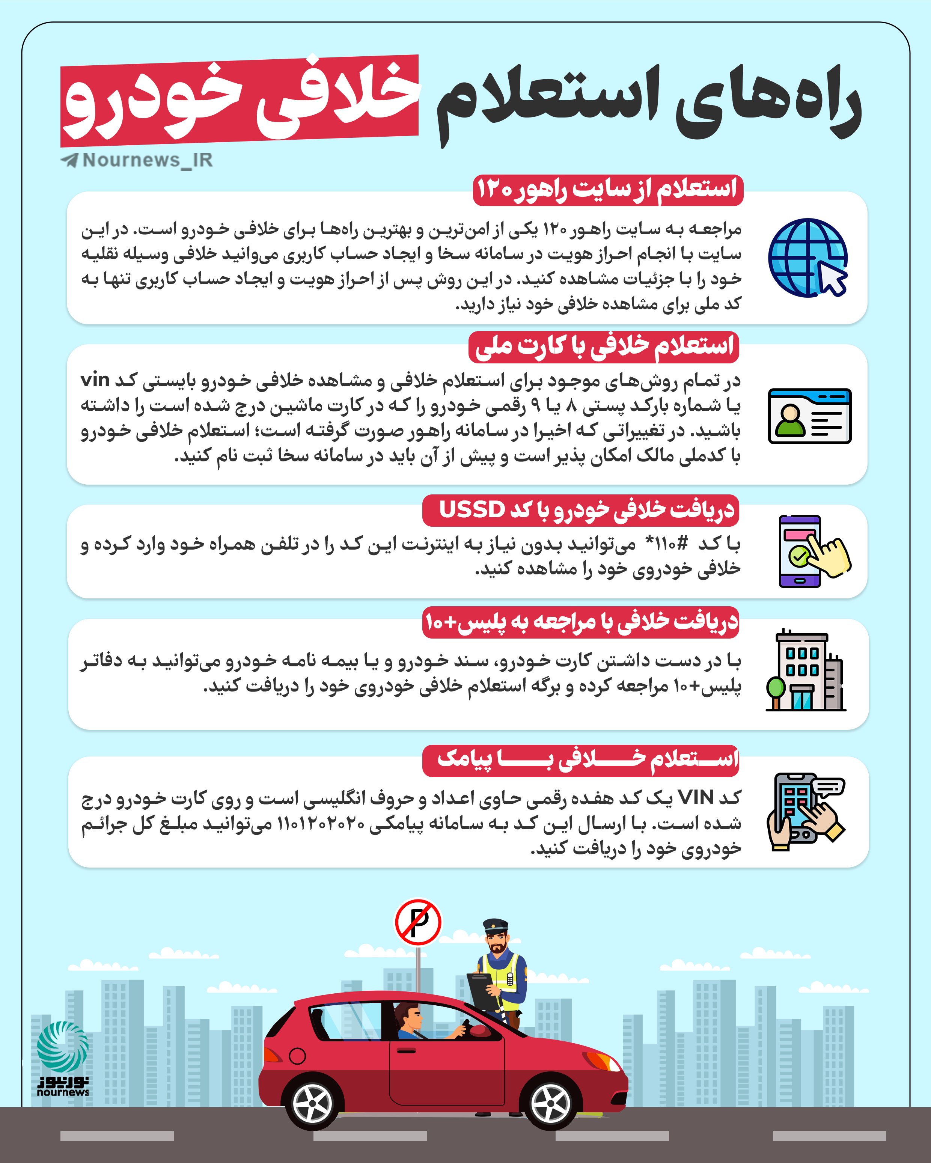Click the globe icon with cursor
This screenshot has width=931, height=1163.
[x=807, y=257]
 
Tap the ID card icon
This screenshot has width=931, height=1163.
[x=809, y=416]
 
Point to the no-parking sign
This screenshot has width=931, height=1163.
[x=418, y=922]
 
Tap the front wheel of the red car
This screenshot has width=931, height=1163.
[x=551, y=1103]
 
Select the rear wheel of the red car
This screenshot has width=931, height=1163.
[x=312, y=1103]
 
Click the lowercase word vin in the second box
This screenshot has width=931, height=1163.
[x=95, y=380]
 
